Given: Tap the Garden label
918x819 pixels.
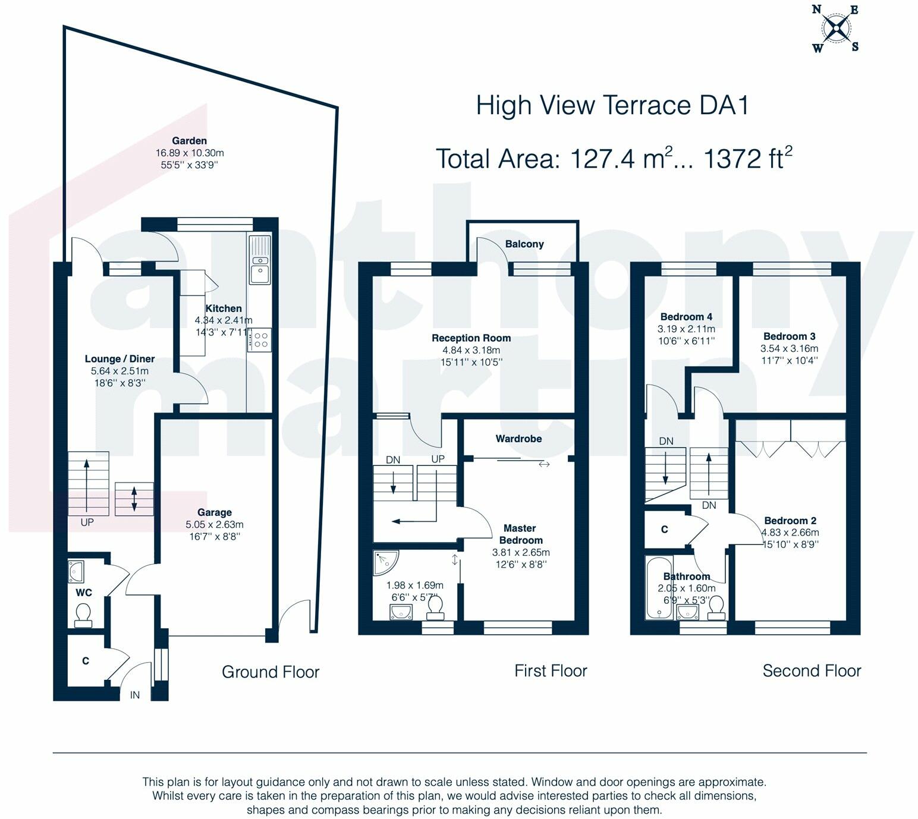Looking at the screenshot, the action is click(190, 140).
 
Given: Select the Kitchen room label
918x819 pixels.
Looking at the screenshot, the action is click(224, 308).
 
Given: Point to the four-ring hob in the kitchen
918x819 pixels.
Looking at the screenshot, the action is click(259, 340).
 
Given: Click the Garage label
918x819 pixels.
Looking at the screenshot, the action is click(214, 512).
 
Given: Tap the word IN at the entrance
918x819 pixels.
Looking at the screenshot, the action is click(134, 695).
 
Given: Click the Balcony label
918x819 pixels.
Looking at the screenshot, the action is click(524, 244).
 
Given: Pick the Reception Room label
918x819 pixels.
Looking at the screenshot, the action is click(471, 338).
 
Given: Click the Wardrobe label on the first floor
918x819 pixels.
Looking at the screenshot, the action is click(518, 439).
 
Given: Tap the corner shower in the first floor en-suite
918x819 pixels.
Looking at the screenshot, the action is click(386, 563).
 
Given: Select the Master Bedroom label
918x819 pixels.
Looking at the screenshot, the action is click(520, 534).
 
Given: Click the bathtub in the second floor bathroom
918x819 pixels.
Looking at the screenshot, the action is click(659, 588).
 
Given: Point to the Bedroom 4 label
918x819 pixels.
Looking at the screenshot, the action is click(686, 317).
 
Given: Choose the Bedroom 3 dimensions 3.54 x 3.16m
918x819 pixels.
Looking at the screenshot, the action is click(789, 348).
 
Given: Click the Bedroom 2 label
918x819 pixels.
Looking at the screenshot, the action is click(790, 521).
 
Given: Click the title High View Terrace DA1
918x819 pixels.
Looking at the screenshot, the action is click(612, 105).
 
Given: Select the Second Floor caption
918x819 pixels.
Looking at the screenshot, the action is click(812, 671).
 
